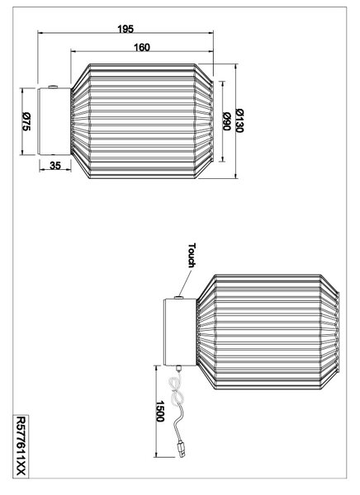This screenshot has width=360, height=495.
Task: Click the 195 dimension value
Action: [x=126, y=29]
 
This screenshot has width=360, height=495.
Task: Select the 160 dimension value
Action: [x=141, y=47]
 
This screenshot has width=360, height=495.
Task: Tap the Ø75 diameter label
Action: [x=26, y=121]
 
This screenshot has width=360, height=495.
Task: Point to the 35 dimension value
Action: [x=55, y=166]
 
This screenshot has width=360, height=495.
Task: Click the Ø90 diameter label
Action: [x=226, y=121]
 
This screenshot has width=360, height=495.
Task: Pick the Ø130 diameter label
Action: [x=239, y=120]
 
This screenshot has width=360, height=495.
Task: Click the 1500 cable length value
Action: [x=160, y=412]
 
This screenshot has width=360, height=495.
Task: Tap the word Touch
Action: [x=192, y=256]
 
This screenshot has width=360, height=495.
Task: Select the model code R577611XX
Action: [x=21, y=446]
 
